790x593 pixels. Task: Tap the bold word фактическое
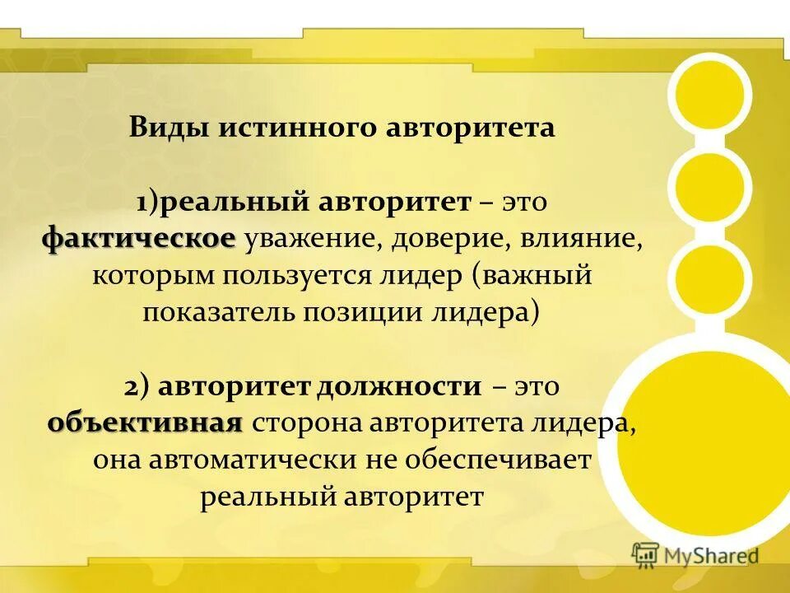pos(139,239)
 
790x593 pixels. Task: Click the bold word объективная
pos(145,423)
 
